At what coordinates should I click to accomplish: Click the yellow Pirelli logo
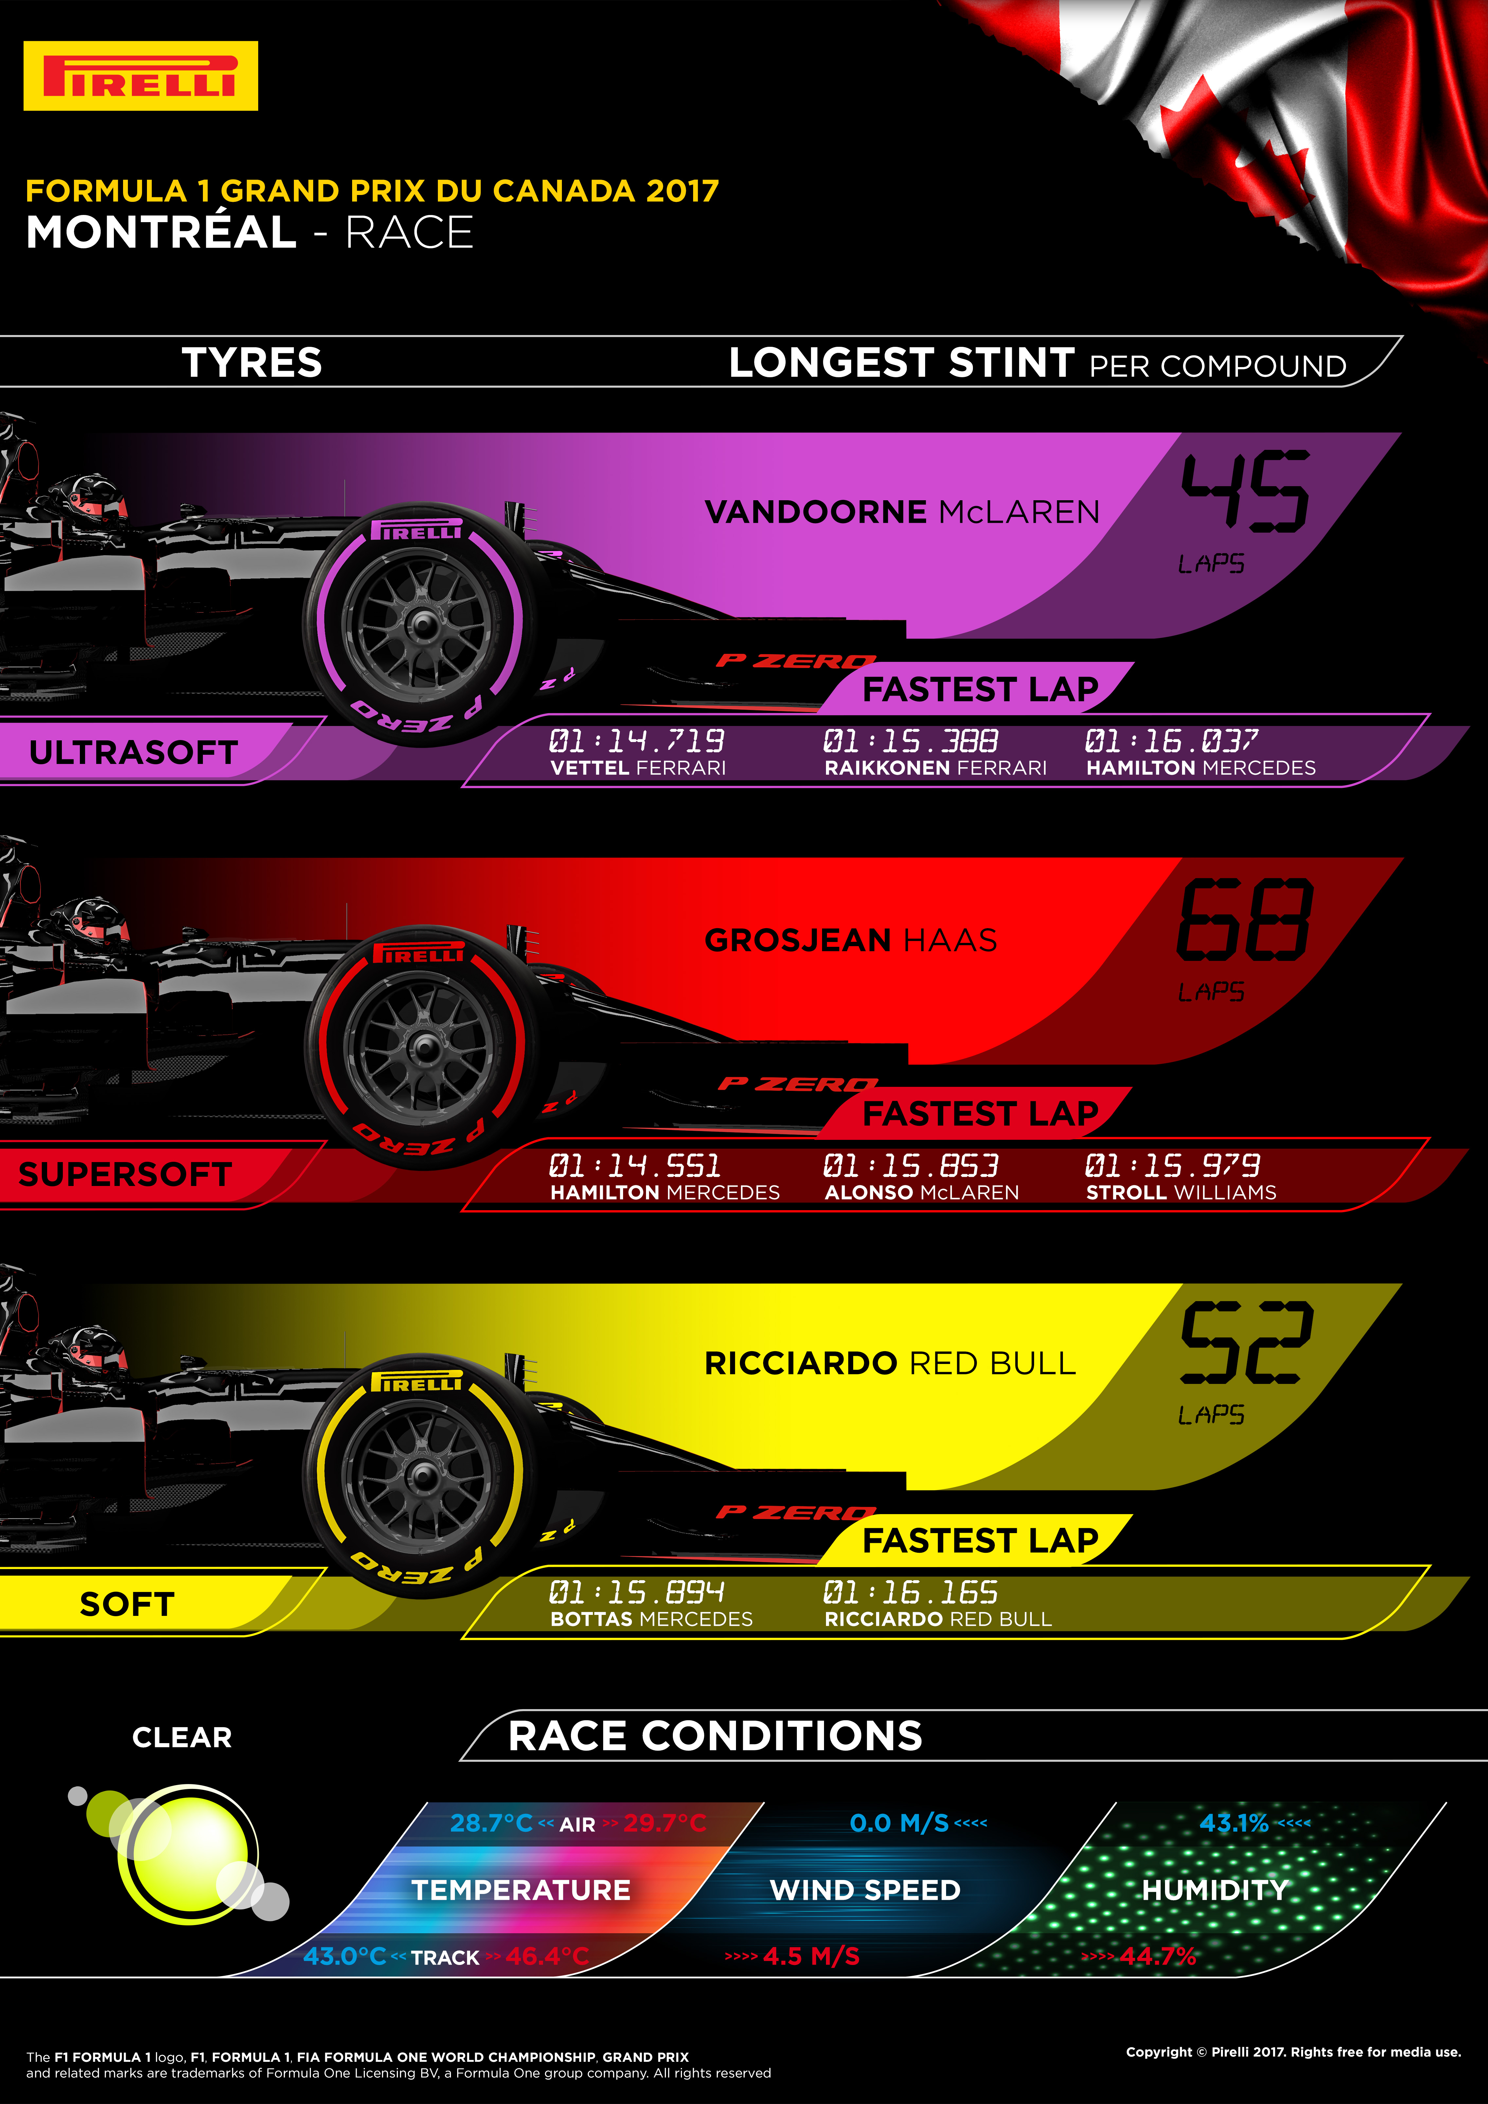click(x=140, y=76)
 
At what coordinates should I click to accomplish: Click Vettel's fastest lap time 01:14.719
click(x=636, y=740)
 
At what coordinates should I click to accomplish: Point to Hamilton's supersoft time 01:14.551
click(x=635, y=1166)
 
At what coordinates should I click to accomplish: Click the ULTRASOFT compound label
click(x=134, y=752)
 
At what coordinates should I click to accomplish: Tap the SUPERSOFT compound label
click(x=125, y=1174)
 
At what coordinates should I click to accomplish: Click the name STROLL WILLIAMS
click(x=1181, y=1192)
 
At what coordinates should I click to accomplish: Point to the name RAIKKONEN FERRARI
click(x=935, y=768)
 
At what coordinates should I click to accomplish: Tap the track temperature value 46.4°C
click(x=547, y=1956)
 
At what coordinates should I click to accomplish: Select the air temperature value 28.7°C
click(x=491, y=1823)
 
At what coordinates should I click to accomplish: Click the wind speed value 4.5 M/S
click(x=811, y=1956)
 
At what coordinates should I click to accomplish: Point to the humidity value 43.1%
click(x=1233, y=1823)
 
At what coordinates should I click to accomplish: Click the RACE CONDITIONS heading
click(x=715, y=1736)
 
